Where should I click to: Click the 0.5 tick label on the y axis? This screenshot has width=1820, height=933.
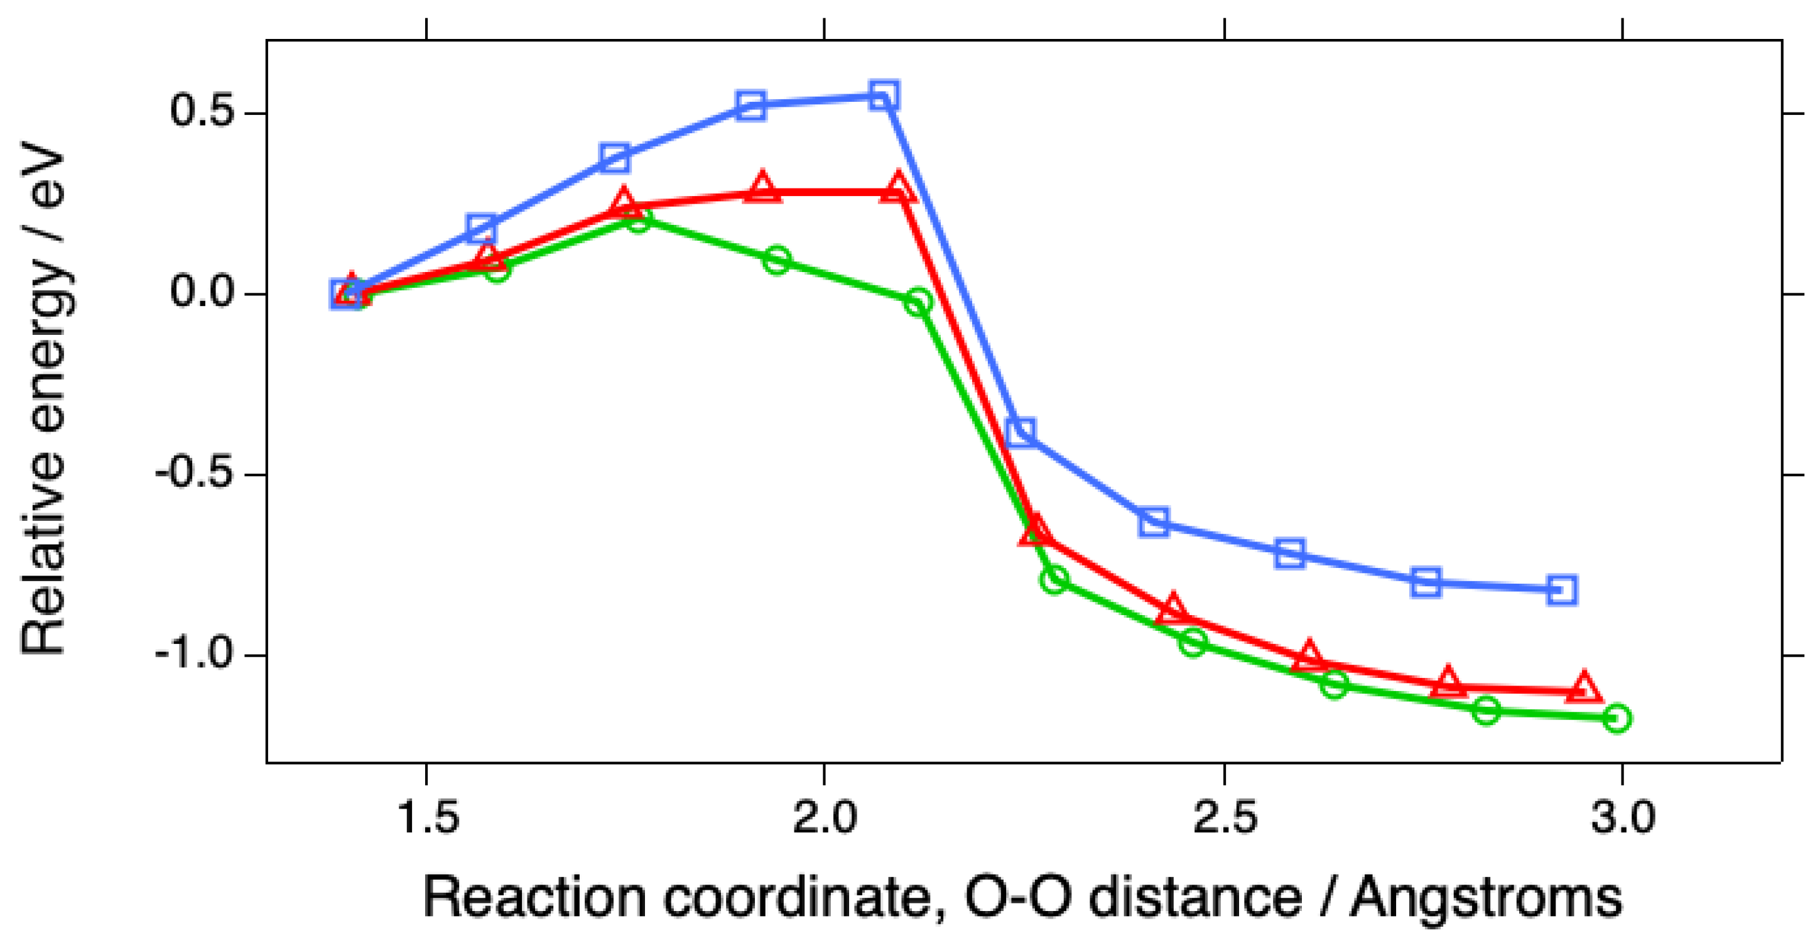point(202,112)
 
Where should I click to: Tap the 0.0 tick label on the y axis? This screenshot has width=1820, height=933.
point(202,293)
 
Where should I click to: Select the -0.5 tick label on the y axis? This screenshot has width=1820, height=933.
point(194,474)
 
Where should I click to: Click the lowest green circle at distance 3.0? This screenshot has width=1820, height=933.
point(1617,719)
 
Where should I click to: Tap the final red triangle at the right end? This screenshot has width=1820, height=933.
point(1584,687)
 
